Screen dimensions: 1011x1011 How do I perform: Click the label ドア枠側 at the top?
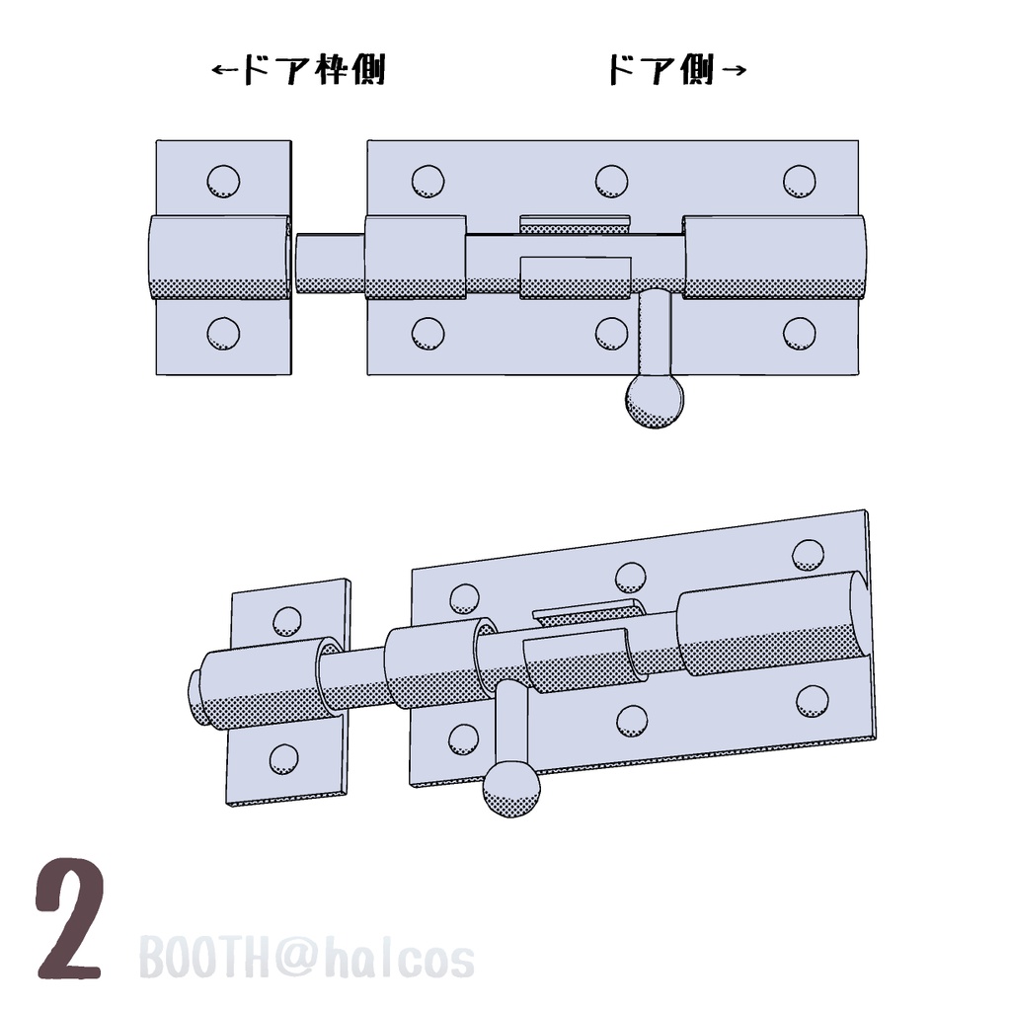[313, 71]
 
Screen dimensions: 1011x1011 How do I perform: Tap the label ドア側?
[660, 71]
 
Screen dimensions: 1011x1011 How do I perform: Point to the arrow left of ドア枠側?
[225, 71]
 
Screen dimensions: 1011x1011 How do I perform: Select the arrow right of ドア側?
[734, 71]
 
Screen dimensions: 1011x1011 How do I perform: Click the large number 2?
[70, 919]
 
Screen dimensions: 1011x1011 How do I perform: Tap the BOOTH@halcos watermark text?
[306, 959]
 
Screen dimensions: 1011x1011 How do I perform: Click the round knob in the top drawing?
[654, 401]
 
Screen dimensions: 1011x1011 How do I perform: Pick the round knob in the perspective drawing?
[510, 791]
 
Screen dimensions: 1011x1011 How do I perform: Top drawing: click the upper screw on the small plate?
[223, 181]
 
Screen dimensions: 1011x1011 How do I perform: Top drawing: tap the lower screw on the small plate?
[223, 334]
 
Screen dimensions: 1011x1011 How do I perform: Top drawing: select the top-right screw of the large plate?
[800, 181]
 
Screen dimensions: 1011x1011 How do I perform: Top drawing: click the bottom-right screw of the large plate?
[800, 334]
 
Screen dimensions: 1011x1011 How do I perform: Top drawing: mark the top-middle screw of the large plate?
[611, 181]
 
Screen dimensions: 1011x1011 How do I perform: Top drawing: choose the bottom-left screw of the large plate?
[428, 334]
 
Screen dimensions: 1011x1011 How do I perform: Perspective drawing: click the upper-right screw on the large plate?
[809, 555]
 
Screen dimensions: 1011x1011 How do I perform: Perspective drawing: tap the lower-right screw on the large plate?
[813, 700]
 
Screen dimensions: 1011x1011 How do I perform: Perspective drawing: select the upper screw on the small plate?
[287, 621]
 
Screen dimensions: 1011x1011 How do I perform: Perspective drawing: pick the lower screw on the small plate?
[283, 758]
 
